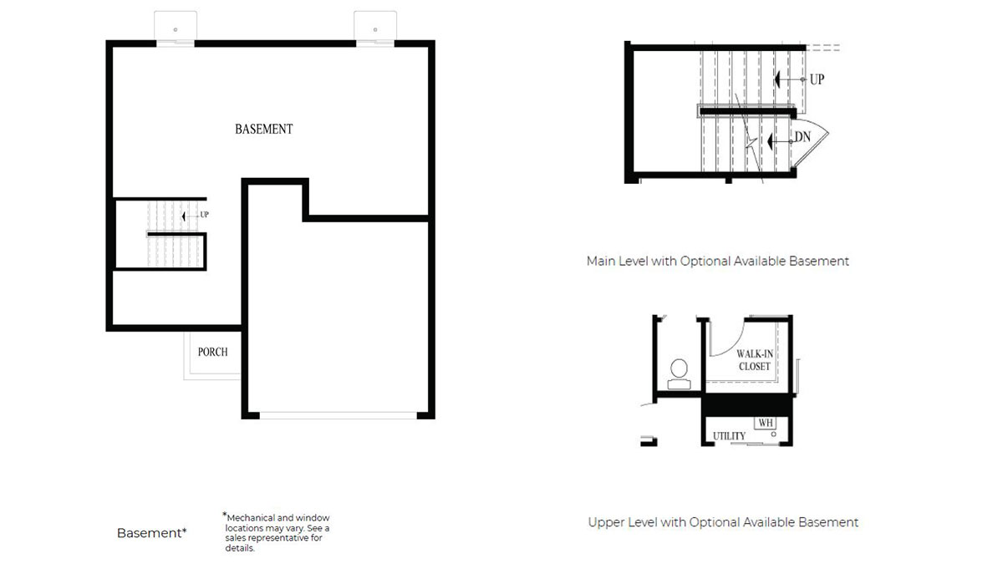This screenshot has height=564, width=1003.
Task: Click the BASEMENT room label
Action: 263,130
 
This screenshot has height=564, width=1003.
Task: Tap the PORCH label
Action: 212,352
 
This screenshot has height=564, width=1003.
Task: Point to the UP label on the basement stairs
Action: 204,215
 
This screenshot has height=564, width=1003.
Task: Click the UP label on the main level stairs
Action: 817,79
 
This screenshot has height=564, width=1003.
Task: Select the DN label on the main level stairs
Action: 802,137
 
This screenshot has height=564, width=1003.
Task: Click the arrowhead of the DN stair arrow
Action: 773,143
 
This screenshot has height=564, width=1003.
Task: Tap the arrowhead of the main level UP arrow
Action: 777,79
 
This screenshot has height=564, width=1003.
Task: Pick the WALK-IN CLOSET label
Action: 754,360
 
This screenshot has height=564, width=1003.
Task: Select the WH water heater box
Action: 765,424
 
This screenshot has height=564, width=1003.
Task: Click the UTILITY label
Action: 729,436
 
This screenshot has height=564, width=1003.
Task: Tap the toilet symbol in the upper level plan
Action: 680,373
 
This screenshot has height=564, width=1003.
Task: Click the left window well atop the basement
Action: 176,27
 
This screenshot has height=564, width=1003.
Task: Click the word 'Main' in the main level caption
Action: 601,261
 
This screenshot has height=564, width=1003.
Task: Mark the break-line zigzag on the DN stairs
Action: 751,144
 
